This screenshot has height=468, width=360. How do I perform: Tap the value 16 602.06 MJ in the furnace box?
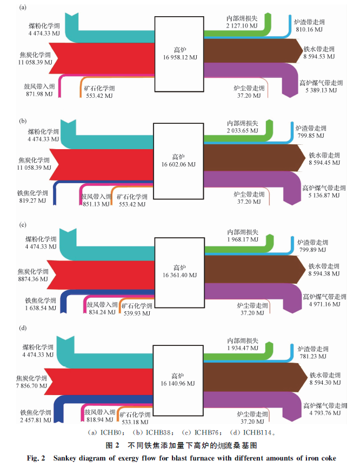point(178,164)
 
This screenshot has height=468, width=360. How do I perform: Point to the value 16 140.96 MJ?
point(179,384)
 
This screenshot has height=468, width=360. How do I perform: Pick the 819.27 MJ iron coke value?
point(32,200)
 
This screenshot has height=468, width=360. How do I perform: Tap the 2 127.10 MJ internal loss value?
point(242,25)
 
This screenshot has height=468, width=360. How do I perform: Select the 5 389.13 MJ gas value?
point(321,91)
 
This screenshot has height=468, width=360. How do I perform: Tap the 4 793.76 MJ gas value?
point(325,413)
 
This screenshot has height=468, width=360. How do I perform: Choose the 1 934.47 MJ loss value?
point(243,348)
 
